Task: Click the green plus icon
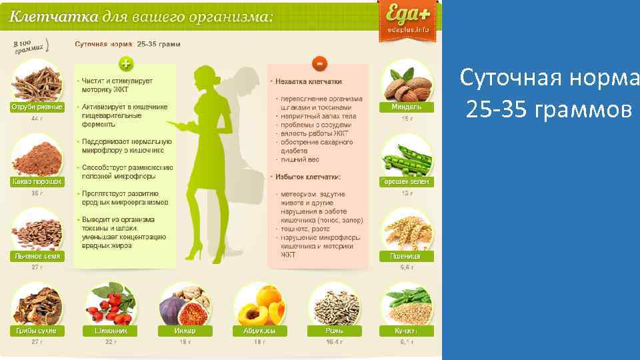click(x=125, y=63)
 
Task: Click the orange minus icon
click(x=320, y=63)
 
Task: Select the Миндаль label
click(x=406, y=107)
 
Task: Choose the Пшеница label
click(x=406, y=256)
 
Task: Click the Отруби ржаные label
click(x=37, y=107)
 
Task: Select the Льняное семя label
click(x=37, y=256)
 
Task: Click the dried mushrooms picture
click(x=37, y=305)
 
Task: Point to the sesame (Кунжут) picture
click(x=406, y=305)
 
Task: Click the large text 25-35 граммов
click(x=548, y=108)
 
